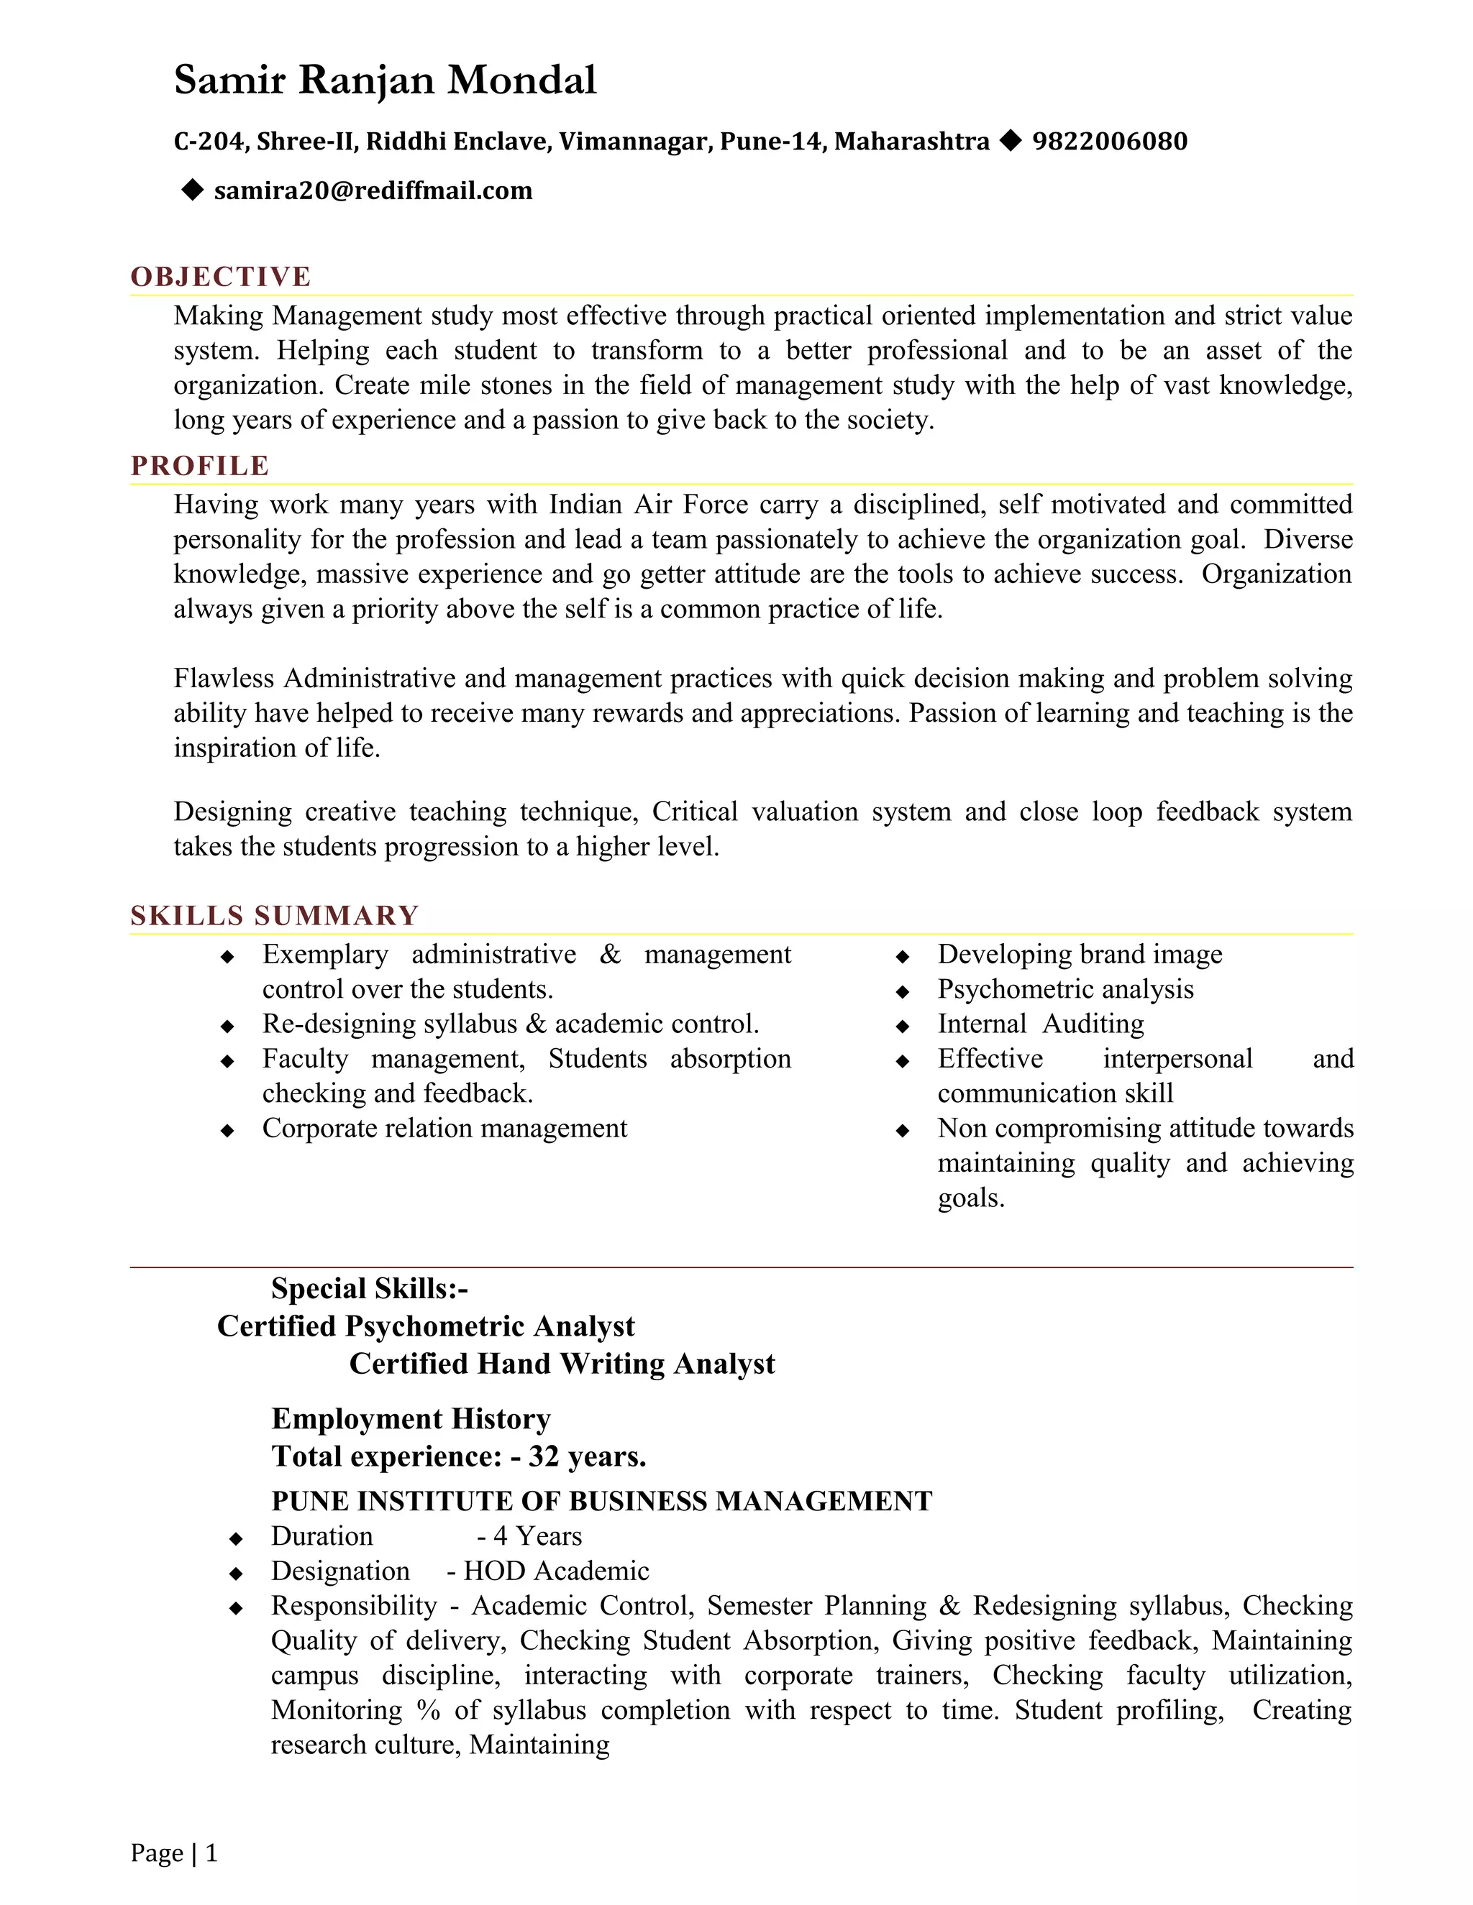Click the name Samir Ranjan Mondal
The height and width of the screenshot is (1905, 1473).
point(385,81)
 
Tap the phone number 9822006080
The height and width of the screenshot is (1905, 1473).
point(1109,142)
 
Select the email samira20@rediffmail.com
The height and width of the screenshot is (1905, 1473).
point(373,191)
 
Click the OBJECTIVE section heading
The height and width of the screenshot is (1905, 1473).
point(221,277)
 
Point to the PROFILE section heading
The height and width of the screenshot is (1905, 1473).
point(200,466)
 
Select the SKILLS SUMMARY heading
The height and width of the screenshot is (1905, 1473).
point(275,916)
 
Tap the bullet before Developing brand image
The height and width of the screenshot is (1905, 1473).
point(903,957)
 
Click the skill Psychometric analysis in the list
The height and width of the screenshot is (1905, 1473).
point(1065,989)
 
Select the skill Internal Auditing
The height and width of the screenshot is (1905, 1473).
point(1040,1024)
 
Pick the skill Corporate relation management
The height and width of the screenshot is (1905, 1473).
point(444,1129)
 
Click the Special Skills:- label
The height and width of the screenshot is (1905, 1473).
point(369,1288)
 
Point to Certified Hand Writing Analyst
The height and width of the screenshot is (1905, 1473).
point(562,1363)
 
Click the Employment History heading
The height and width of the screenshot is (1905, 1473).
point(411,1418)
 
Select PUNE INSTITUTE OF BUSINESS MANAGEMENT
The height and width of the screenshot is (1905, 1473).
point(601,1501)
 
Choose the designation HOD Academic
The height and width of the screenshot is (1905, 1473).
point(556,1571)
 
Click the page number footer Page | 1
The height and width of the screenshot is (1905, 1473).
point(173,1853)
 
